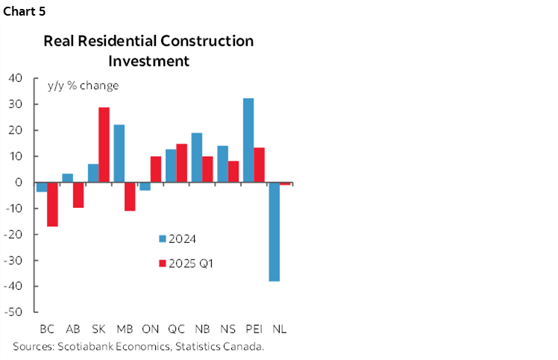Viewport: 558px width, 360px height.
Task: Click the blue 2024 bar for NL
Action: (x=274, y=232)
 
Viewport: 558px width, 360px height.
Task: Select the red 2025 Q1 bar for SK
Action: (x=104, y=145)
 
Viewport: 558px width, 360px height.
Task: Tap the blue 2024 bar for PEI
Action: (x=248, y=140)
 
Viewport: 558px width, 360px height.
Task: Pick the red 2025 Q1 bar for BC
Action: (x=52, y=204)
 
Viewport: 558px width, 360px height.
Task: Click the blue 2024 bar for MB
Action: (x=119, y=154)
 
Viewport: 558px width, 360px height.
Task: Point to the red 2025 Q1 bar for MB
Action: (x=130, y=197)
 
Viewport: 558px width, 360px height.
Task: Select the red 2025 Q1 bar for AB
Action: (x=78, y=195)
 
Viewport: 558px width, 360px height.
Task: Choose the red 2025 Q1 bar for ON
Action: (x=155, y=169)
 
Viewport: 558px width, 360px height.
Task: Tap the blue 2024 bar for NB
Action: (x=197, y=157)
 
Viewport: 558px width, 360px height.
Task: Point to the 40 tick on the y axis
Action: (x=16, y=78)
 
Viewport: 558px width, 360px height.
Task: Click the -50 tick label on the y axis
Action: (x=14, y=312)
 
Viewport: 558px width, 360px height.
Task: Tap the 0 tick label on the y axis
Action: (x=20, y=183)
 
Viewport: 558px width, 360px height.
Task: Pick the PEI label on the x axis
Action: (x=254, y=329)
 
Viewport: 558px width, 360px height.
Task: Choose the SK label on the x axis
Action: (x=98, y=329)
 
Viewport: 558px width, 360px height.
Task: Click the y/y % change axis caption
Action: (x=83, y=85)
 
